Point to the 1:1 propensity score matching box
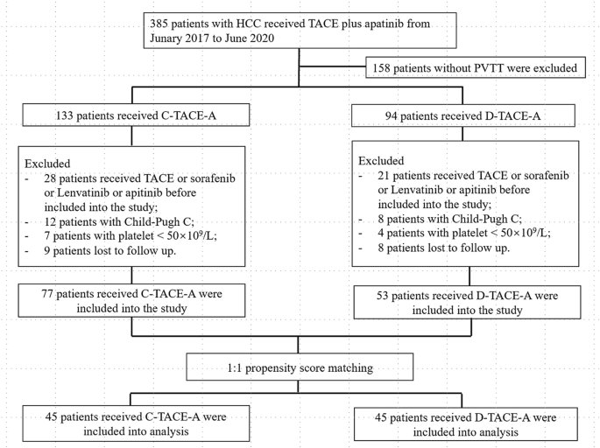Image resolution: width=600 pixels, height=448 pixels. [300, 367]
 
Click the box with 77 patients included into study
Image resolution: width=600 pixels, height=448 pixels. [131, 301]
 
